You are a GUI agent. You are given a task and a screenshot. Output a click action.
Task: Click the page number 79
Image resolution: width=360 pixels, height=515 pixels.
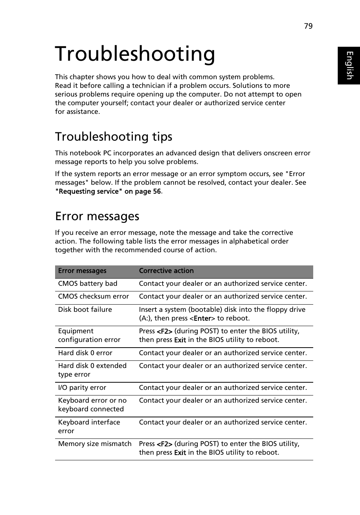(308, 26)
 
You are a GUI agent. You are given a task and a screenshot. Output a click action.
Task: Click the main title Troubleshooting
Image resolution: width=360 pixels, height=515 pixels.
(135, 54)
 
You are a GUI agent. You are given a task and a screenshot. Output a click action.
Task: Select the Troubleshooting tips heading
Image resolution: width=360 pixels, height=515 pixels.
(114, 136)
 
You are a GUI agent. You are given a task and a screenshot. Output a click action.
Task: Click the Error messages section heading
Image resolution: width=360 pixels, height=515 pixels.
(97, 216)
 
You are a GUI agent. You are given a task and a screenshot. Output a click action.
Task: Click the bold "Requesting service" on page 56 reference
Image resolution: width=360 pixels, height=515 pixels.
(108, 192)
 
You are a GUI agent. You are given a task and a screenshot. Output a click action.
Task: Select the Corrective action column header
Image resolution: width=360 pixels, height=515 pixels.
(166, 271)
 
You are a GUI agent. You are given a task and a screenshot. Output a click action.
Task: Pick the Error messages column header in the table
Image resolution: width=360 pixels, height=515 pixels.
(82, 271)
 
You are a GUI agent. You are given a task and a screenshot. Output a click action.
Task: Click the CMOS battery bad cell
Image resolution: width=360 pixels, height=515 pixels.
(88, 284)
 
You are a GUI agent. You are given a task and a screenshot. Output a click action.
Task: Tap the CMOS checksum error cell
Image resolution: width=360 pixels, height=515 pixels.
(93, 296)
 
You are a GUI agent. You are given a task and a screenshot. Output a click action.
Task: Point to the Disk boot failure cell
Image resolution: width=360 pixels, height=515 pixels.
(85, 310)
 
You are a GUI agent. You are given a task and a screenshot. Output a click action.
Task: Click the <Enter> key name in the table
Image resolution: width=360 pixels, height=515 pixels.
(202, 319)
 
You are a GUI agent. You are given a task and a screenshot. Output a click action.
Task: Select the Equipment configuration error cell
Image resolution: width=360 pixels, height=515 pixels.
(89, 335)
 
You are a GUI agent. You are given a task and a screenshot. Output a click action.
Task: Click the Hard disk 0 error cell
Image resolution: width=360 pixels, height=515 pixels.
(85, 353)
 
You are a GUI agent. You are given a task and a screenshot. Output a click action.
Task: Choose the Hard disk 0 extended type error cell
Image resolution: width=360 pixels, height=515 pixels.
(92, 370)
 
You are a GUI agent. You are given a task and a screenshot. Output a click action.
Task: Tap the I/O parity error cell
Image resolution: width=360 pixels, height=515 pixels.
(82, 388)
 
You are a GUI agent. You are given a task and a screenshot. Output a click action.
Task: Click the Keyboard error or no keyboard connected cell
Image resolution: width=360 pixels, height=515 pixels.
(92, 405)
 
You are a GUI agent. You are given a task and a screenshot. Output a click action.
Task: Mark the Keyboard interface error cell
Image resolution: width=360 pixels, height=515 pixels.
(89, 426)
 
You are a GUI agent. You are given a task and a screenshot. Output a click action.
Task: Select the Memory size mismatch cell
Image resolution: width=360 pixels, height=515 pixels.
(95, 444)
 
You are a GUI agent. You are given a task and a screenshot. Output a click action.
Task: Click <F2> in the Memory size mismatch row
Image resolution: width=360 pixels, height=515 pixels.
(165, 444)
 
